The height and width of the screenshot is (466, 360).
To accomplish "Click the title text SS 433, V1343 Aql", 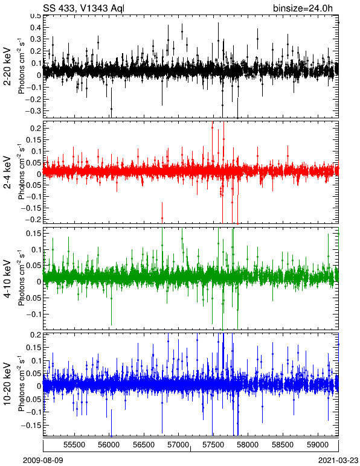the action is [83, 8].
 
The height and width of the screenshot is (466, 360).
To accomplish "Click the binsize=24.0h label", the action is [303, 8].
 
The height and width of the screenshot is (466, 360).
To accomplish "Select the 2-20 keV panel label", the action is [7, 66].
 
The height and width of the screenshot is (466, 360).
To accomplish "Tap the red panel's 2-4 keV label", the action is [7, 173].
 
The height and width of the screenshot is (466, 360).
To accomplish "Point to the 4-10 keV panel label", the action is [7, 278].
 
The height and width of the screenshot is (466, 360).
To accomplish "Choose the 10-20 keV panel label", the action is [7, 383].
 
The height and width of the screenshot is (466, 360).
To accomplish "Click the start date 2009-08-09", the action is [43, 461].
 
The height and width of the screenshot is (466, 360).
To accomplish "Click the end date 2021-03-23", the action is [338, 461].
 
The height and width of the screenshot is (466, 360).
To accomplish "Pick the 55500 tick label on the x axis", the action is [74, 445].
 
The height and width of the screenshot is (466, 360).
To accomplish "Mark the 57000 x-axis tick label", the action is [178, 445].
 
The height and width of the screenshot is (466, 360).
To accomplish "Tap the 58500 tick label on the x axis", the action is [282, 445].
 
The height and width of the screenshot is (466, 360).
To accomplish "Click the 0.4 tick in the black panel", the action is [35, 28].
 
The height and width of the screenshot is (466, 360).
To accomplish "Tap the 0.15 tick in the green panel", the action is [33, 234].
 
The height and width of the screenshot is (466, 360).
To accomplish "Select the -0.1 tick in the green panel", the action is [34, 314].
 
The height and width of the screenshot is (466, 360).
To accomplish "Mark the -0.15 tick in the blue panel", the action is [32, 426].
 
